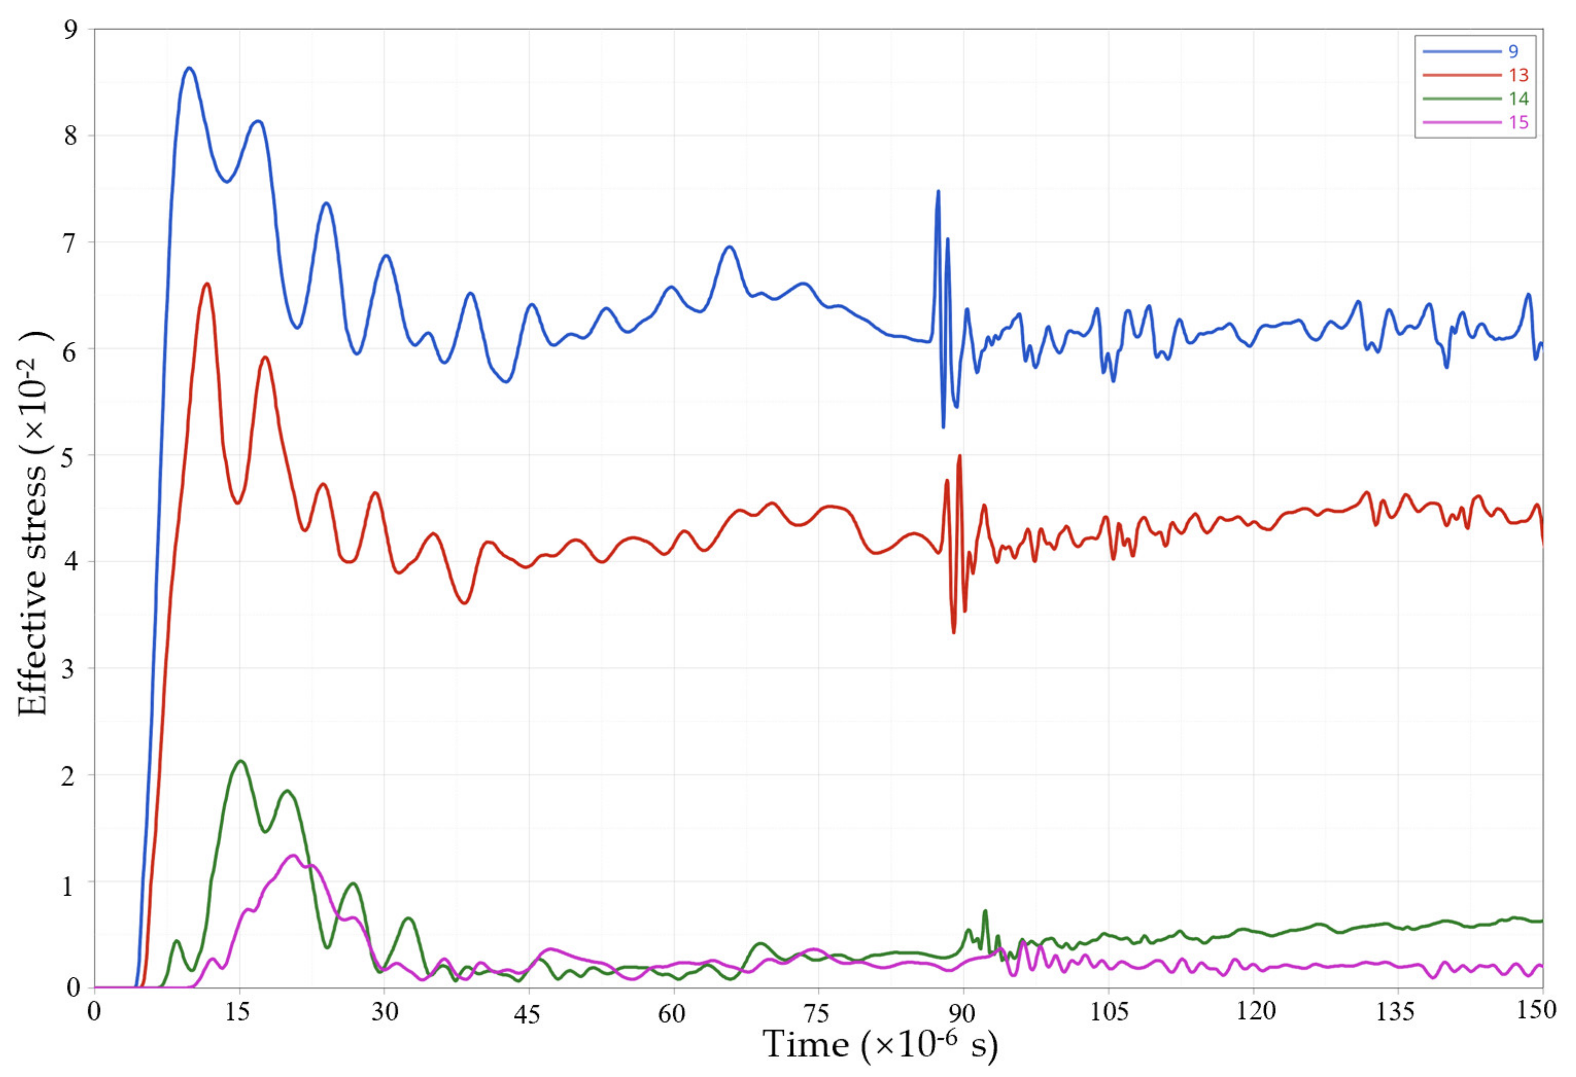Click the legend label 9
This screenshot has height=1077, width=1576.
1513,51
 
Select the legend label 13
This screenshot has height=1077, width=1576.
1518,75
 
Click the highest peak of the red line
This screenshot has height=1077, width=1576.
207,284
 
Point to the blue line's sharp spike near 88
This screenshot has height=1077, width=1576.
938,191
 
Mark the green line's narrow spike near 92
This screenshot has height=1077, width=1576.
985,911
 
